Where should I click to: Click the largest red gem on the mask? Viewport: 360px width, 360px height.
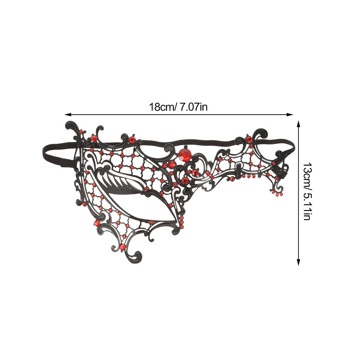[x=185, y=154]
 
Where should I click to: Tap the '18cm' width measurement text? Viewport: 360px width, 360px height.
[x=163, y=107]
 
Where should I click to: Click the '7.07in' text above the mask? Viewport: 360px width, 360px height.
[x=194, y=107]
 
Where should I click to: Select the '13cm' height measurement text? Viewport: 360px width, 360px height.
[x=307, y=173]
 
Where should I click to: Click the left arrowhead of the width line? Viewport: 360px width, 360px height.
[x=68, y=114]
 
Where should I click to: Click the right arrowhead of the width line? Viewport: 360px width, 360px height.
[x=290, y=114]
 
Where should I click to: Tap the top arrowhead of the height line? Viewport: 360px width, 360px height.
[x=298, y=124]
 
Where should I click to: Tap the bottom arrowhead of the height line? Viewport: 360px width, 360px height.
[x=298, y=262]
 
